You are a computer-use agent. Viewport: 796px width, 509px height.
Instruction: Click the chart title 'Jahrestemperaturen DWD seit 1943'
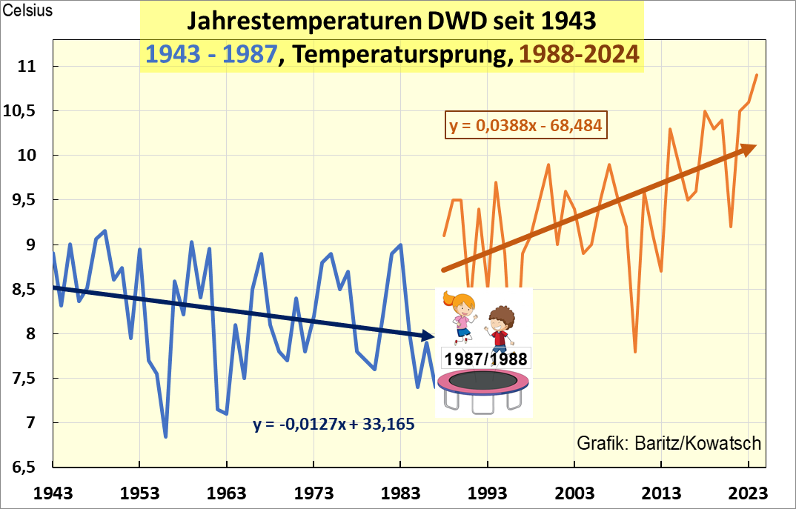(x=391, y=21)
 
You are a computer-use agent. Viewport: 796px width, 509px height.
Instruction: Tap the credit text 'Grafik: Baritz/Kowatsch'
(x=669, y=443)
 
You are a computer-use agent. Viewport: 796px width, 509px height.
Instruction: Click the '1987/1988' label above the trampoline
(x=485, y=359)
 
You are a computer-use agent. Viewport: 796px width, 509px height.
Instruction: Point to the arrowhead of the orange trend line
(x=750, y=148)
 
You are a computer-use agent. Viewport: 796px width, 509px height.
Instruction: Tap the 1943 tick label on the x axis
(x=53, y=493)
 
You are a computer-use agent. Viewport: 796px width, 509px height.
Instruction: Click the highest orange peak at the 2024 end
(x=757, y=75)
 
